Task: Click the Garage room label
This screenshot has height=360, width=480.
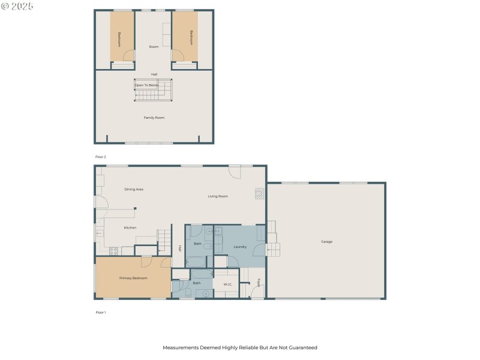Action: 326,242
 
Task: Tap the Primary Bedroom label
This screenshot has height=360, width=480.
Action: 133,278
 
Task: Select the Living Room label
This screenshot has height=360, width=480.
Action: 218,196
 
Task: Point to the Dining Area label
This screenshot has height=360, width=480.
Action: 134,189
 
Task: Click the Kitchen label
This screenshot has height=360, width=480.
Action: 130,227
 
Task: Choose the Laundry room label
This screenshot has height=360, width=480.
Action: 240,247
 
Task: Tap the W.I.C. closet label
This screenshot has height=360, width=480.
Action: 228,284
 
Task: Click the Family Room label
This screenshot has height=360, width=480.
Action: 154,118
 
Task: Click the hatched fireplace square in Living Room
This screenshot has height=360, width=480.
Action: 259,193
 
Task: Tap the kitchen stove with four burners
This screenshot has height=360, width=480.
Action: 113,251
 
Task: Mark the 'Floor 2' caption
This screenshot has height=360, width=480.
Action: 100,157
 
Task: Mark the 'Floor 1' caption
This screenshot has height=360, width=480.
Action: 100,313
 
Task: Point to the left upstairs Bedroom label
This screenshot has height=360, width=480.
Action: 119,38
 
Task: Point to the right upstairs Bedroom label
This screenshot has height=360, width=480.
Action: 191,37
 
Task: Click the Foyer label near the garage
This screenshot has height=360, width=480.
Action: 259,283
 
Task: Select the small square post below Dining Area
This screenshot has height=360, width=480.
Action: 136,208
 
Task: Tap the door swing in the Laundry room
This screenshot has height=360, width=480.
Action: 259,250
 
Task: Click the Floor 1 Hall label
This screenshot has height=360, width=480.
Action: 179,248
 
